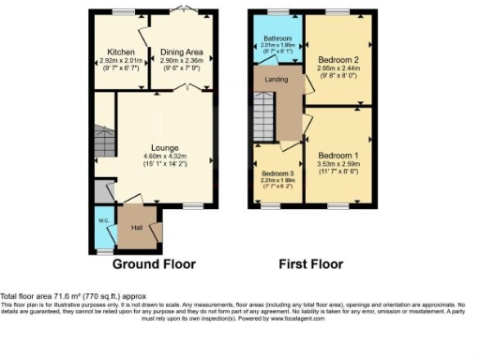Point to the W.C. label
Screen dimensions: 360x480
[x=103, y=222]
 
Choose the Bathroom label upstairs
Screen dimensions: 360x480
[x=277, y=38]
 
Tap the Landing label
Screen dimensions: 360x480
[x=277, y=80]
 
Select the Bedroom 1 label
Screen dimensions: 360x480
[x=338, y=154]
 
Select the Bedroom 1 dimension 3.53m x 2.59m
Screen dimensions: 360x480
[x=338, y=163]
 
